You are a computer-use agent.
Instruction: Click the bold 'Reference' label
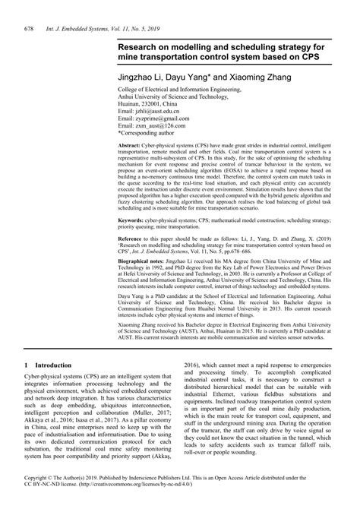coord(131,238)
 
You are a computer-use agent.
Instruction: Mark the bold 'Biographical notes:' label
coord(143,261)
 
